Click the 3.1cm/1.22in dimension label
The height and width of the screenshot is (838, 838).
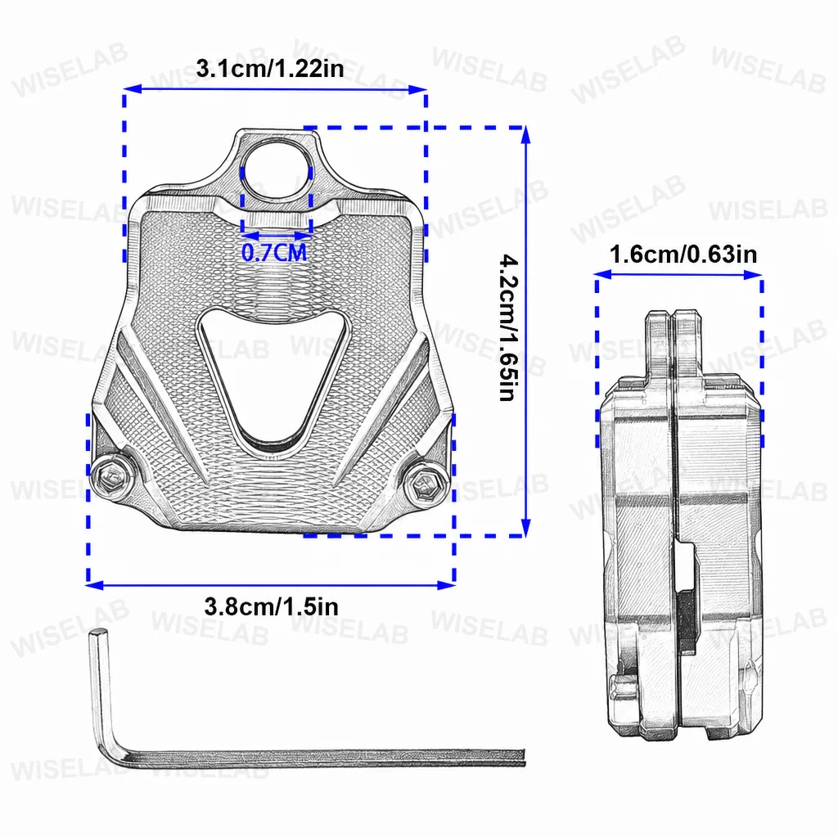270,69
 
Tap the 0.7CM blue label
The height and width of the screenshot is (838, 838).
274,252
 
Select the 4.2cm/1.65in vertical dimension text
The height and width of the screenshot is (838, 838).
508,327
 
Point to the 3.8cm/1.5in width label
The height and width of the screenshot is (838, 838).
271,606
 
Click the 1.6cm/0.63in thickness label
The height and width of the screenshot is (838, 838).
683,255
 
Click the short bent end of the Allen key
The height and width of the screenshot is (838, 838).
99,689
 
